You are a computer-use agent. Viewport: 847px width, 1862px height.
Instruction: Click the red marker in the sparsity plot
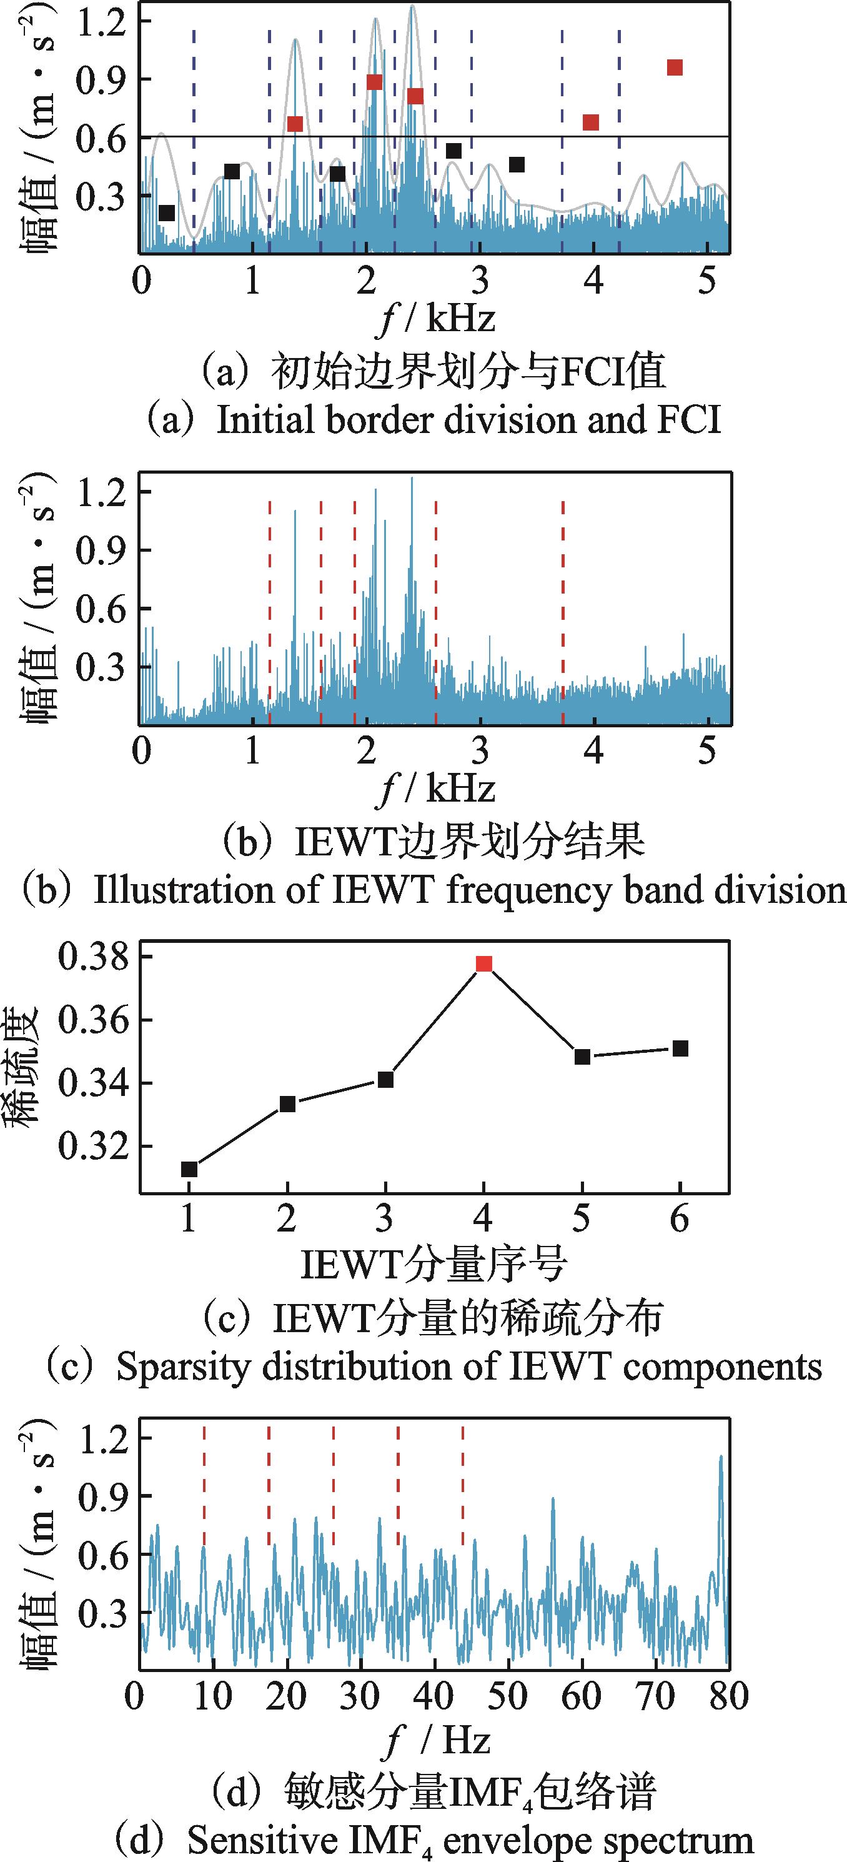[483, 963]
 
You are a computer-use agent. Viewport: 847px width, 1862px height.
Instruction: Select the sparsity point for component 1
[189, 1169]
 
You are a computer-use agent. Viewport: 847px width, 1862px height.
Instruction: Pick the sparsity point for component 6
[680, 1048]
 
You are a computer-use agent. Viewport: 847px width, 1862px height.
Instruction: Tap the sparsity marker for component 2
[287, 1103]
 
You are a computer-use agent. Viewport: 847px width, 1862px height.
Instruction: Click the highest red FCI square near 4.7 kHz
[674, 68]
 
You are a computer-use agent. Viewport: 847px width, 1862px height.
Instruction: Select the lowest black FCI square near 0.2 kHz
[167, 212]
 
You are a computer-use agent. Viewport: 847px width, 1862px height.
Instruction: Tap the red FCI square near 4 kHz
[590, 122]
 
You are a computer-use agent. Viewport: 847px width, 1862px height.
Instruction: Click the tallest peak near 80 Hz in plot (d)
[721, 1456]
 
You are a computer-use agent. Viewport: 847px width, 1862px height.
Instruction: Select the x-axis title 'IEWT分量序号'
[433, 1263]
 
